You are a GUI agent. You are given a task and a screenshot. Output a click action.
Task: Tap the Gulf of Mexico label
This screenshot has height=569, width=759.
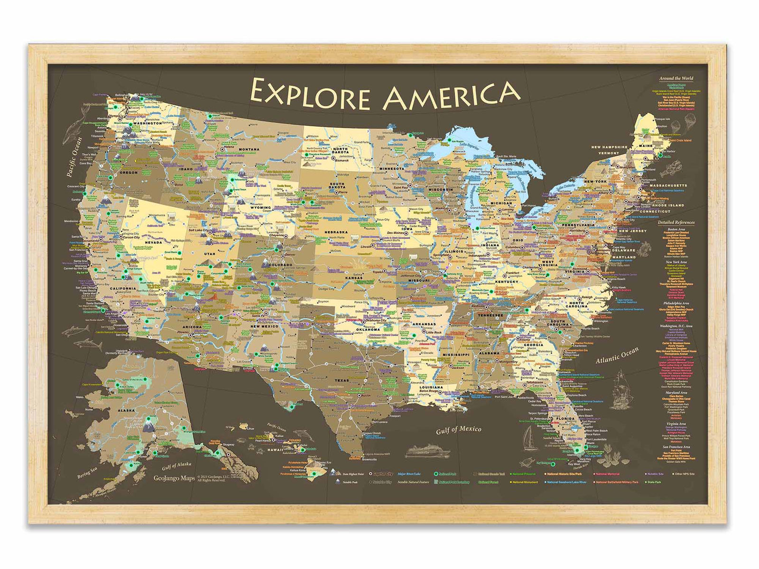coord(458,430)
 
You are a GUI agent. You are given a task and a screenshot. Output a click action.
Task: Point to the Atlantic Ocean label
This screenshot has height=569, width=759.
coord(617,356)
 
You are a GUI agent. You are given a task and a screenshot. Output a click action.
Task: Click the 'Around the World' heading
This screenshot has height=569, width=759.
coord(676,78)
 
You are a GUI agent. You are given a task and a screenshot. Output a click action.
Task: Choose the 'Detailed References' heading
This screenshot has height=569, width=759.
coord(676,222)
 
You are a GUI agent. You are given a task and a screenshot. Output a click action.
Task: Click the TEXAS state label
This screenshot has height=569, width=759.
coord(341,380)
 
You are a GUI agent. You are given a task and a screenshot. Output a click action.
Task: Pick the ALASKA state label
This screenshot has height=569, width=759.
coord(127,411)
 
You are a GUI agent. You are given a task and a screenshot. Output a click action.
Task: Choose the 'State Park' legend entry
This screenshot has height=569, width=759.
coord(655,482)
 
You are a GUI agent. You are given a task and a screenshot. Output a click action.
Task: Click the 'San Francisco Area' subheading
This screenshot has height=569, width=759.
coord(676,447)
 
